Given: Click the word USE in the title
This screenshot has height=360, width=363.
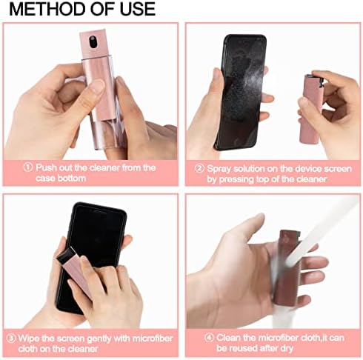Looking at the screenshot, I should click(x=135, y=10).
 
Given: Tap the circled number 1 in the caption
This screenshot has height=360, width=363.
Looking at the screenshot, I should click(x=28, y=167).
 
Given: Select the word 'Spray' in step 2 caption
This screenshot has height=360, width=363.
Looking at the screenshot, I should click(x=222, y=167).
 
